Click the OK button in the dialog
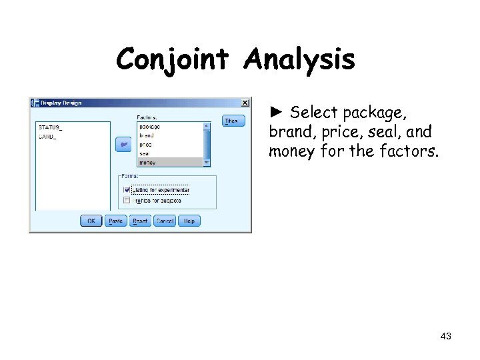pyautogui.click(x=91, y=221)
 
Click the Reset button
pyautogui.click(x=140, y=221)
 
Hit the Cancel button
pyautogui.click(x=164, y=221)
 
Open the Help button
pyautogui.click(x=189, y=221)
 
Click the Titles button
pyautogui.click(x=233, y=121)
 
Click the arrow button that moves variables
pyautogui.click(x=123, y=144)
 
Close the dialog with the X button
pyautogui.click(x=245, y=103)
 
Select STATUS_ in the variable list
pyautogui.click(x=50, y=127)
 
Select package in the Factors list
pyautogui.click(x=149, y=127)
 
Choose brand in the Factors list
pyautogui.click(x=146, y=135)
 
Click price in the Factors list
pyautogui.click(x=145, y=144)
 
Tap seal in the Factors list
pyautogui.click(x=145, y=153)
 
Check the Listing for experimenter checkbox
pyautogui.click(x=127, y=190)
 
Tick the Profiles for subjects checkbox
pyautogui.click(x=127, y=200)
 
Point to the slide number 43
pyautogui.click(x=446, y=337)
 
